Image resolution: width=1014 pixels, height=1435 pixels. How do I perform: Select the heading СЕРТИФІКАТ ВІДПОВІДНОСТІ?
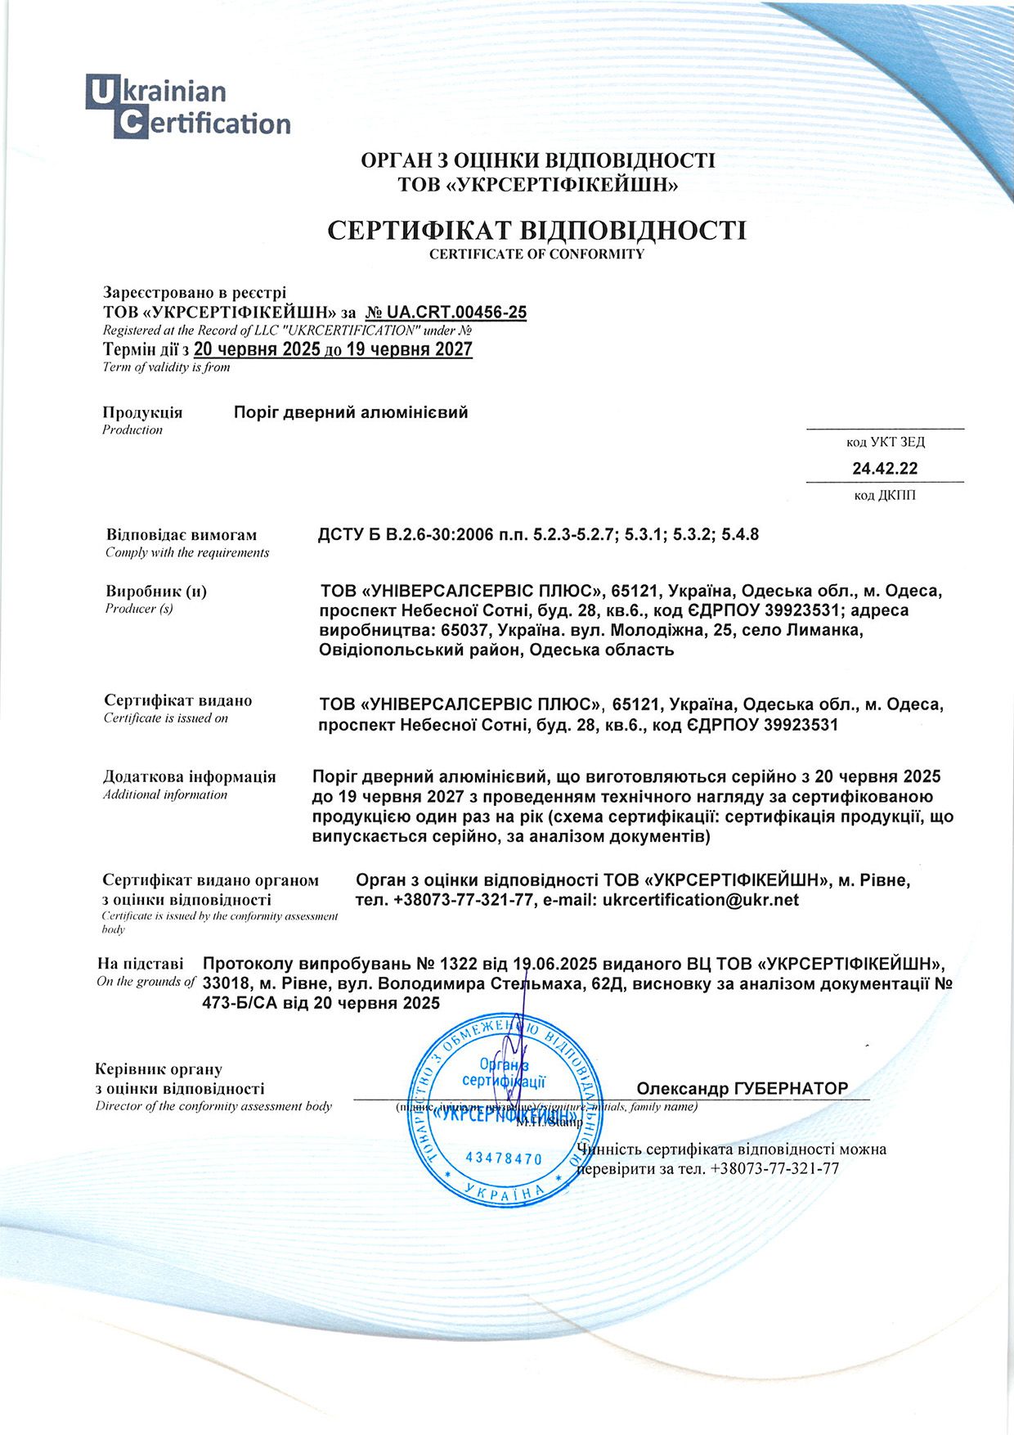coord(536,230)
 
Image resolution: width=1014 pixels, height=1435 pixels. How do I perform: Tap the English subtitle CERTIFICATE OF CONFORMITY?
coord(536,254)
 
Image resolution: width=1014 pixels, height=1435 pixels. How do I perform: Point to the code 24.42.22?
coord(885,469)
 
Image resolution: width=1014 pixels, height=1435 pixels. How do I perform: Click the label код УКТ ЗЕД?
coord(885,443)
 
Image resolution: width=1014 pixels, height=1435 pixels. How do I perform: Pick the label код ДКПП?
coord(885,495)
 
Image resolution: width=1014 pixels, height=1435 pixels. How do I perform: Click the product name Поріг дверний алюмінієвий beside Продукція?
coord(351,412)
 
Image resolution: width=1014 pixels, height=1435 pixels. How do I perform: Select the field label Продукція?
coord(142,412)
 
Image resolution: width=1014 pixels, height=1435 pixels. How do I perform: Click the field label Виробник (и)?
coord(156,591)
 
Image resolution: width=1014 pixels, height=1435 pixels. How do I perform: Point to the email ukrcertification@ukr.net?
coord(700,900)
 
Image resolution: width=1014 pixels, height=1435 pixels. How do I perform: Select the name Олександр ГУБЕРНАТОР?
coord(743,1088)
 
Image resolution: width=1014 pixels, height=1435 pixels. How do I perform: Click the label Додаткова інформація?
coord(190,776)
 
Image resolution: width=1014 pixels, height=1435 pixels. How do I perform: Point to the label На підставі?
coord(141,964)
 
